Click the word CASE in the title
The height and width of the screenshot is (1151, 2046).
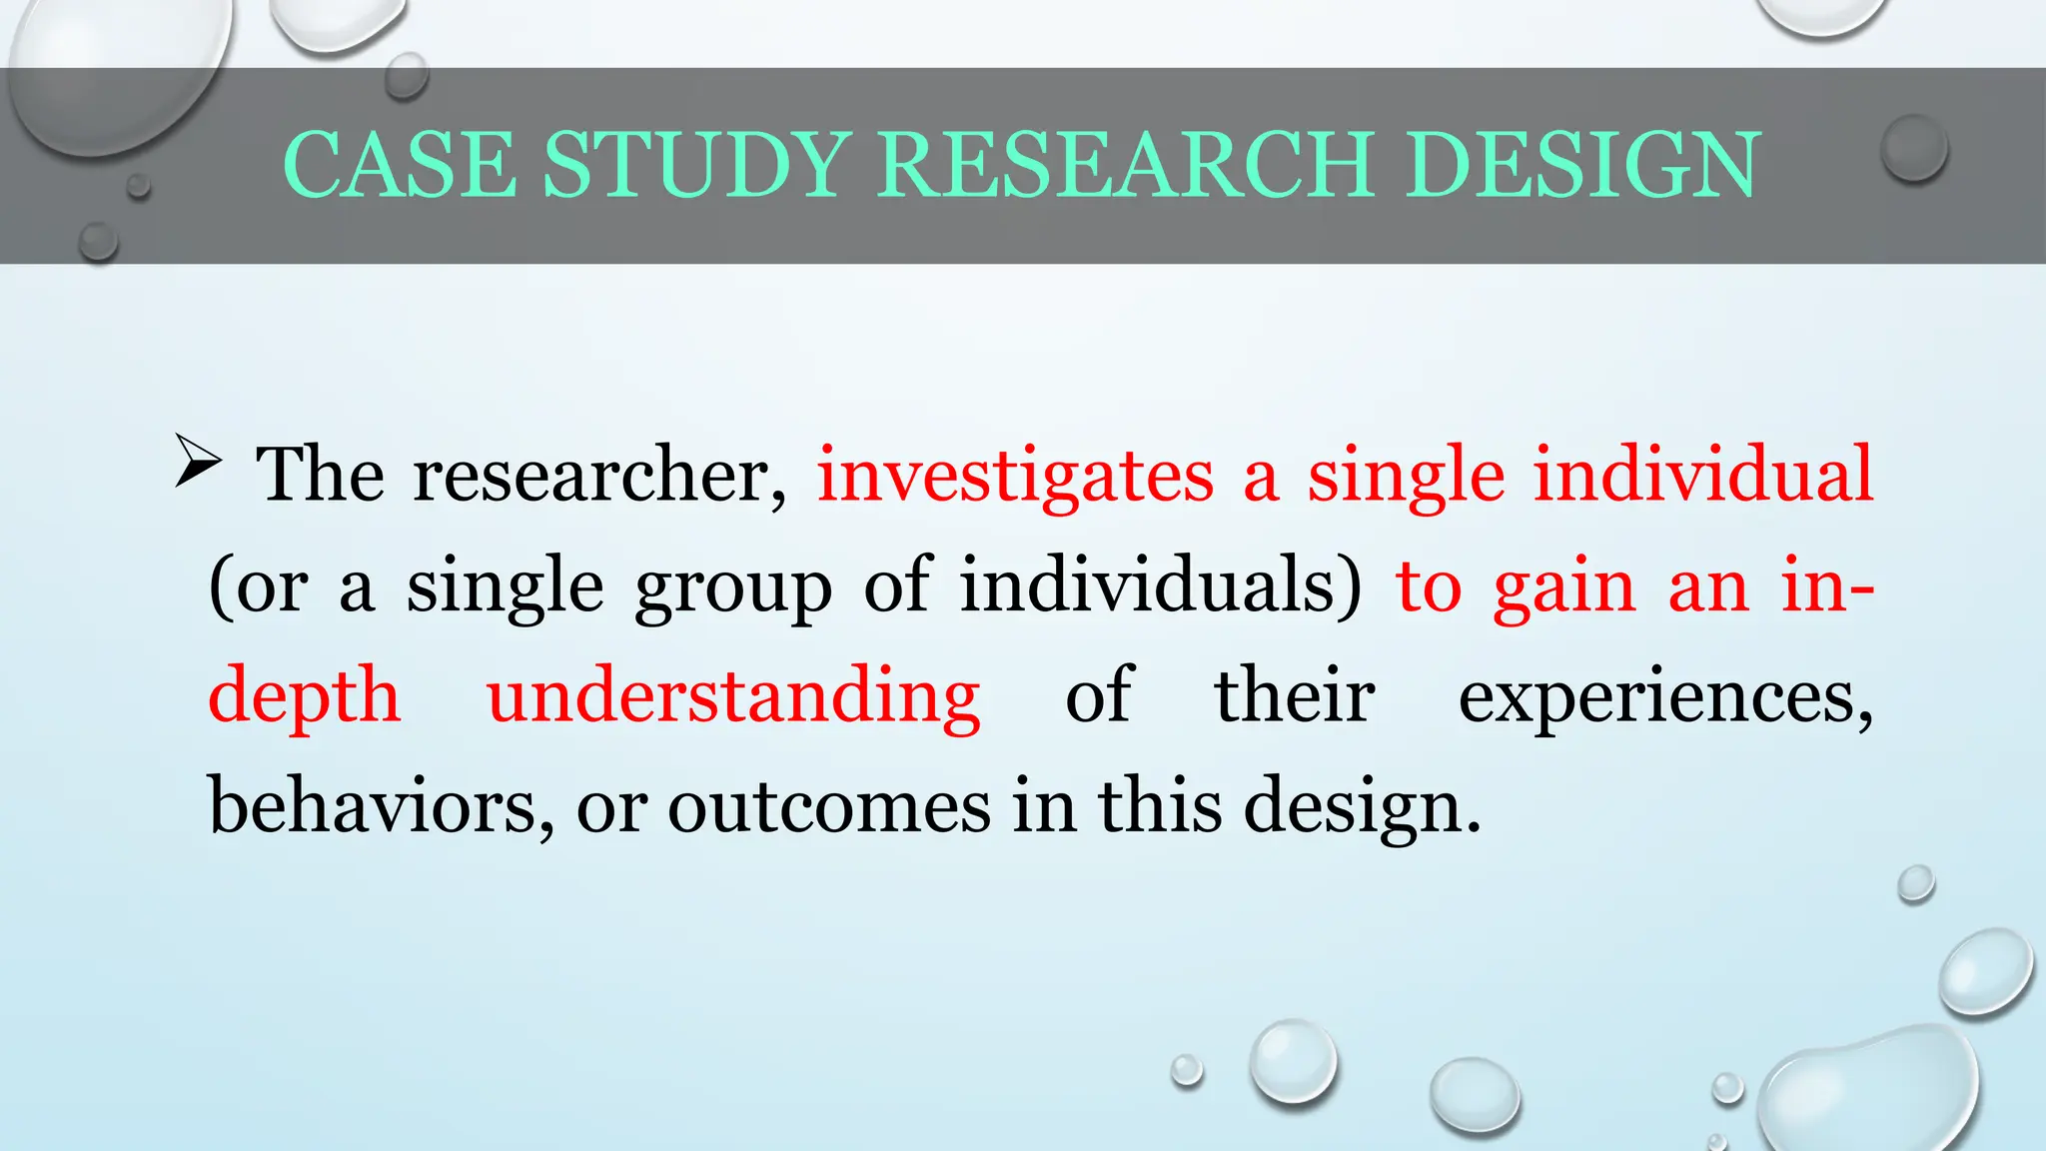(x=401, y=165)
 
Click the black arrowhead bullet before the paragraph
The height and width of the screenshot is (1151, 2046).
(x=197, y=461)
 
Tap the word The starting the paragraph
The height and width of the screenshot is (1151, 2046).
(x=320, y=475)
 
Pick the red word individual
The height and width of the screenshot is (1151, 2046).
(x=1703, y=475)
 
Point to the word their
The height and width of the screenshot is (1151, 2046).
(x=1295, y=696)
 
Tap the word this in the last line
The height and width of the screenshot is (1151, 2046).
(x=1160, y=806)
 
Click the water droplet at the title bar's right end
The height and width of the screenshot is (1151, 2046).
(x=1913, y=148)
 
